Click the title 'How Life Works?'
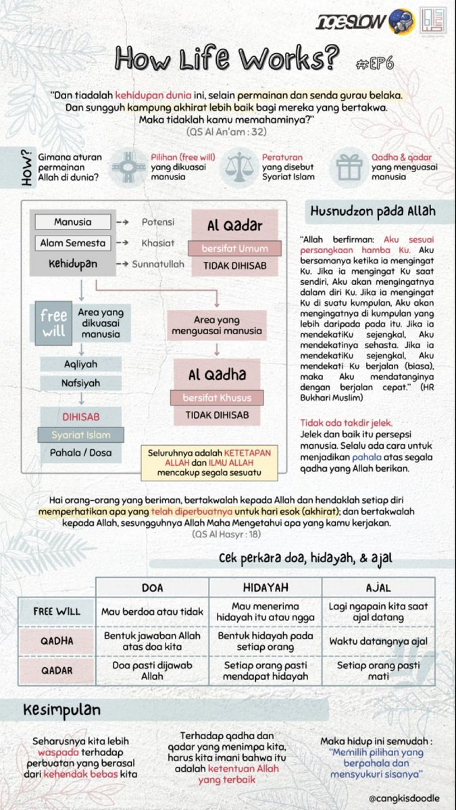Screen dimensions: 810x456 [226, 59]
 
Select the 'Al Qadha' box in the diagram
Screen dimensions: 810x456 [216, 375]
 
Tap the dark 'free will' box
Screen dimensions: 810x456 [53, 324]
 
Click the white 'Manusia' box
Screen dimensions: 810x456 [73, 222]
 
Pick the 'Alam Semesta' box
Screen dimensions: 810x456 [73, 242]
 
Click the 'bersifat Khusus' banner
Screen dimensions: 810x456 [216, 398]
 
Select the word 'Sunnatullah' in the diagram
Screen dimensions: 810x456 [157, 264]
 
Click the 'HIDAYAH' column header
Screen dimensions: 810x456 [265, 587]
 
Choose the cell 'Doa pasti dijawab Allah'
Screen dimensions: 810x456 [152, 670]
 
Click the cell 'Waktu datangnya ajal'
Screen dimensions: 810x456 [378, 641]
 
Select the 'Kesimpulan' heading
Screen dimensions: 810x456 [61, 710]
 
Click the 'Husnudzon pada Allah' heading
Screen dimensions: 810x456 [372, 211]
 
